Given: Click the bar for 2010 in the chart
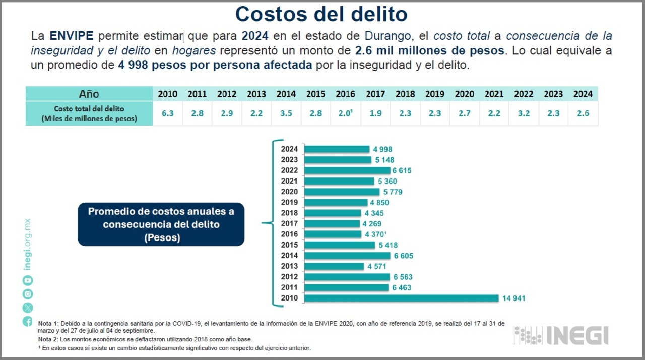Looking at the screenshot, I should coord(402,298).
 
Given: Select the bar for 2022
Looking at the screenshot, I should coord(348,170).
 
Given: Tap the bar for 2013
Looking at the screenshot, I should coord(335,266).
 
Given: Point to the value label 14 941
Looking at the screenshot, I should coord(514,298).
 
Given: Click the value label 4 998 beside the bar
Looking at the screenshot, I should coord(383,149).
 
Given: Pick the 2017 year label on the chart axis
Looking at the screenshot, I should coord(290,224).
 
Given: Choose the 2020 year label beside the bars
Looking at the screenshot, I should coord(290,192).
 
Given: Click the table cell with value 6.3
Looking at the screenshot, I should coord(168,113).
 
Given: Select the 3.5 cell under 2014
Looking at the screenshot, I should coord(286,113).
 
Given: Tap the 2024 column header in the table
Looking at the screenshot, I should coord(583,94).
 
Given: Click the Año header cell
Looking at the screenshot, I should coord(89,94).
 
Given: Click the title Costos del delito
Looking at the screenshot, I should coord(321,14).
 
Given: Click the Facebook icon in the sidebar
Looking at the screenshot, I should coord(28,321).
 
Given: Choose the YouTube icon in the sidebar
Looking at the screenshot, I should coord(28,280).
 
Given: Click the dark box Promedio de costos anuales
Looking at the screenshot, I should coord(161,224).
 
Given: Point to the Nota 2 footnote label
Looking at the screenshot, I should coord(49,339).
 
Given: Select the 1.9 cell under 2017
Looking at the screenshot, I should coord(375,113).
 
